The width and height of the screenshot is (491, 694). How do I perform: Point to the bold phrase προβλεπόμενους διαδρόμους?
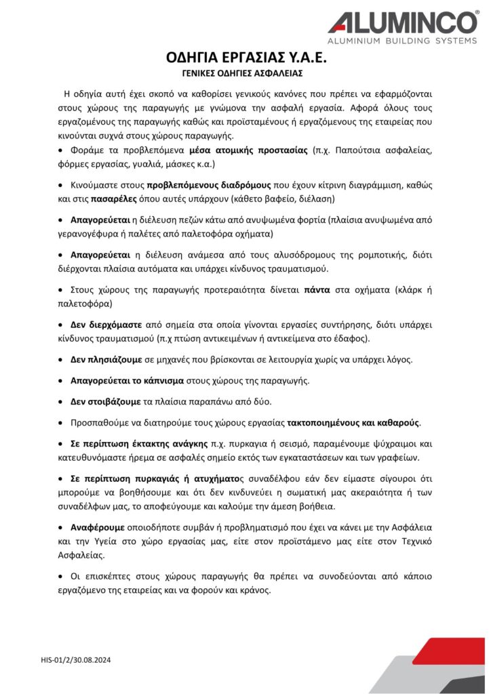[x=209, y=185]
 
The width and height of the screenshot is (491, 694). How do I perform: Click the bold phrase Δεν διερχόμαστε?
[x=105, y=324]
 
